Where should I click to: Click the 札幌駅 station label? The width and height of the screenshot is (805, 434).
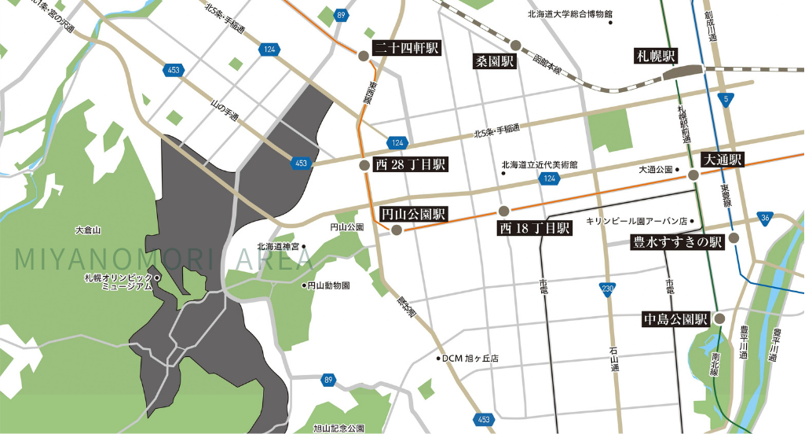(x=655, y=56)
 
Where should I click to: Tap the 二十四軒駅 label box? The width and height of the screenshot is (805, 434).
(x=405, y=48)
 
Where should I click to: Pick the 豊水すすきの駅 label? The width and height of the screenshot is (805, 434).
(x=677, y=243)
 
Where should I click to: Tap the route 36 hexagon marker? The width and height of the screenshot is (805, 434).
(x=766, y=218)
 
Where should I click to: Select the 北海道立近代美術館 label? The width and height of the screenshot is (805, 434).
(x=540, y=166)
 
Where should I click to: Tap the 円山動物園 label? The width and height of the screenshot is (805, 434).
(x=328, y=285)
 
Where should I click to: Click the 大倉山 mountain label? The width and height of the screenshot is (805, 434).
(x=88, y=230)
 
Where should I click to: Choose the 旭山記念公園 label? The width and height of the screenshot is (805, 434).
(x=340, y=428)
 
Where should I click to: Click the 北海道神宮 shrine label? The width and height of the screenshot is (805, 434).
(x=278, y=247)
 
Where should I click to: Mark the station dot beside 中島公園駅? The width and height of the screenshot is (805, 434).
(x=719, y=318)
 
